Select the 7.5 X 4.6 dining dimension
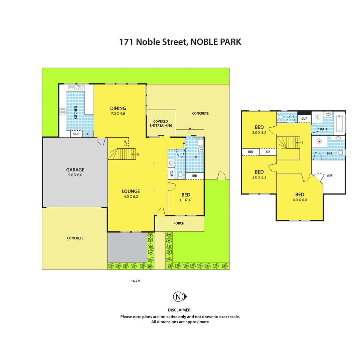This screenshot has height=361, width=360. pos(118,114)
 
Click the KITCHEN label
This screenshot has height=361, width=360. pos(76,112)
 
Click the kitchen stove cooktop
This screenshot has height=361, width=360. pos(62,111)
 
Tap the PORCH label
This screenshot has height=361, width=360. pos(179,223)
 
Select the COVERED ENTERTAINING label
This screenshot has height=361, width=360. pos(161,123)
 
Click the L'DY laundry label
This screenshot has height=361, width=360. pos(194,157)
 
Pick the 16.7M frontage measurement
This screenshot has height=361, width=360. pos(136,281)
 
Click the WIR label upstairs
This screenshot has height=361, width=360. pos(329,175)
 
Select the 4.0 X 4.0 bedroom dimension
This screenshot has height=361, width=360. pos(300,200)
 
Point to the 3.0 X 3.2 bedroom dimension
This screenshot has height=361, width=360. pos(259,132)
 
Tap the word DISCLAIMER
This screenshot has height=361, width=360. pos(180,310)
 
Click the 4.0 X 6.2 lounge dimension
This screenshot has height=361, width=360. pos(131,197)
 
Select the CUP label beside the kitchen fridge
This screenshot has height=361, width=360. pos(76,134)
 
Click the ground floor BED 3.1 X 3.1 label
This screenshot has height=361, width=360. pos(186,195)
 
